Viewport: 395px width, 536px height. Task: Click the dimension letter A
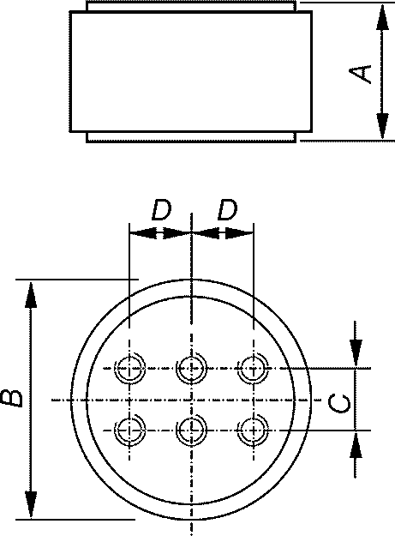pyautogui.click(x=360, y=74)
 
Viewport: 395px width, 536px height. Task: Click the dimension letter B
pyautogui.click(x=12, y=398)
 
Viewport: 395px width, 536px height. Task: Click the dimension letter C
pyautogui.click(x=339, y=403)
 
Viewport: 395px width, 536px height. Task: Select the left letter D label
pyautogui.click(x=161, y=210)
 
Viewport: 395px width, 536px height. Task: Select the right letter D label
pyautogui.click(x=227, y=210)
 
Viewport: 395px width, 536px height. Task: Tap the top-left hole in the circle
pyautogui.click(x=129, y=369)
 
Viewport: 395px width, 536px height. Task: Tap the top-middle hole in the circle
pyautogui.click(x=191, y=369)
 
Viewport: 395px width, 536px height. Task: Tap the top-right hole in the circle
pyautogui.click(x=254, y=369)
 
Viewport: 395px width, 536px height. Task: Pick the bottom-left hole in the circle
pyautogui.click(x=129, y=430)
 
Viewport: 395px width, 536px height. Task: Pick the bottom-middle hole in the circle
pyautogui.click(x=191, y=430)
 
